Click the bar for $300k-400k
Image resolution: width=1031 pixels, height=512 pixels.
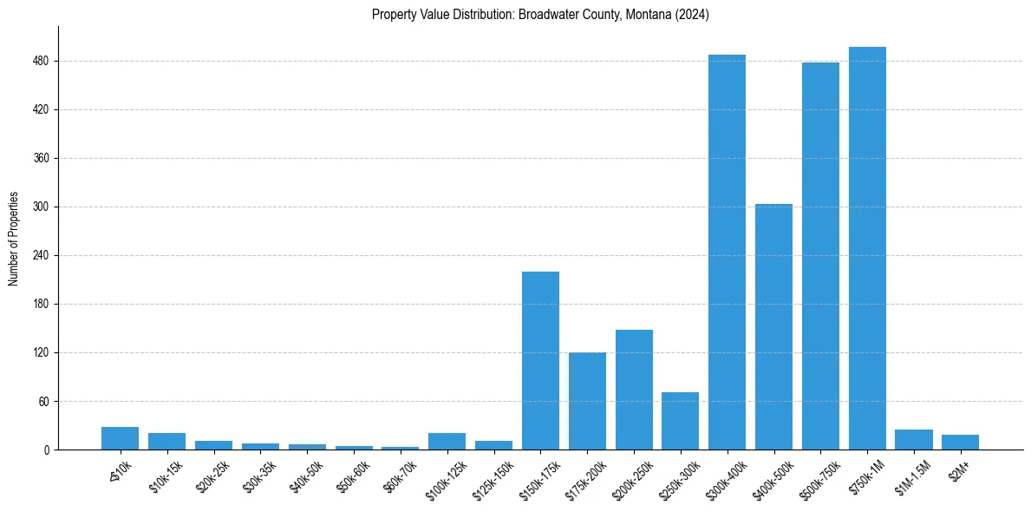coord(727,252)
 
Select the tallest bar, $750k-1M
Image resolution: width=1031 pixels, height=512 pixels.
coord(867,248)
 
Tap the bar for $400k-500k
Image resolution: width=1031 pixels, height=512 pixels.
coord(773,326)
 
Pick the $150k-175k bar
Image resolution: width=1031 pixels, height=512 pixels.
coord(540,360)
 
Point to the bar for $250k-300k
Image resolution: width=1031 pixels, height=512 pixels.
coord(680,421)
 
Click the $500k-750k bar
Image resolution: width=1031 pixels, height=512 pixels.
coord(820,256)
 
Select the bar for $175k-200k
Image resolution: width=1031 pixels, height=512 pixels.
coord(587,401)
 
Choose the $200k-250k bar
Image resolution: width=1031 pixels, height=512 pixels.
coord(634,390)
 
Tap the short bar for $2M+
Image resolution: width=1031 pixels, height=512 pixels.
coord(960,443)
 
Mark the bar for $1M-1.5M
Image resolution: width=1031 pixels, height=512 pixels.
coord(913,440)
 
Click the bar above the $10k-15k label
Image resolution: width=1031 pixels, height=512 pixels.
coord(166,442)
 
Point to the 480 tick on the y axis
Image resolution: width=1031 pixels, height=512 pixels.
coord(42,62)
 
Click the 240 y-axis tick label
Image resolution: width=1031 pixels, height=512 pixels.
coord(42,256)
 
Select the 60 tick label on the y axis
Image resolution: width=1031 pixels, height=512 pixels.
coord(44,402)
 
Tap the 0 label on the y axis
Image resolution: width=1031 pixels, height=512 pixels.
coord(47,450)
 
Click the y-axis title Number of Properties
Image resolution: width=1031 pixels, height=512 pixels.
coord(14,238)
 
